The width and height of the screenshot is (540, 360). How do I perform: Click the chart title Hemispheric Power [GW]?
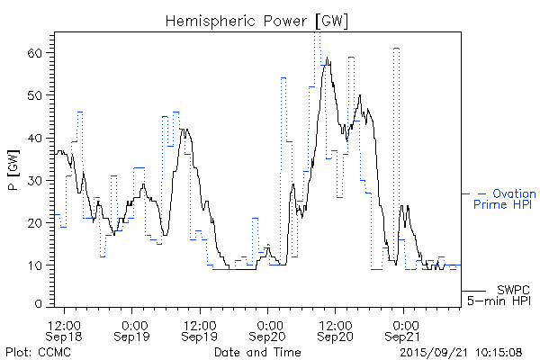[256, 19]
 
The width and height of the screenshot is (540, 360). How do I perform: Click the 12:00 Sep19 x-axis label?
[200, 329]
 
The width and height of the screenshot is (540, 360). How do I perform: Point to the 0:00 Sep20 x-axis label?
[267, 329]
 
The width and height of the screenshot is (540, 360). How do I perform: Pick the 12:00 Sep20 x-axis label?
[335, 329]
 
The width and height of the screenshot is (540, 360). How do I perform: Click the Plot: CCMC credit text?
[38, 352]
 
